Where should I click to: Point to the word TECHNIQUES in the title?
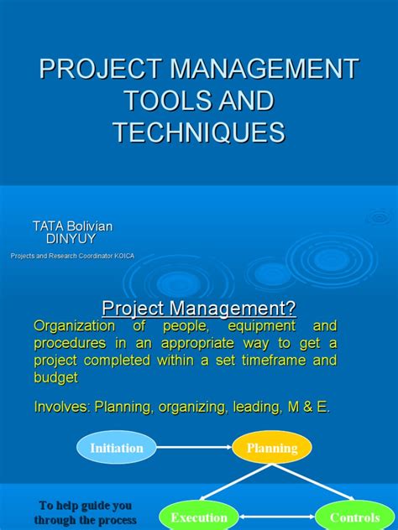click(199, 132)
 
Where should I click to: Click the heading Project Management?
click(199, 308)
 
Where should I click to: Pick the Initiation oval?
click(117, 448)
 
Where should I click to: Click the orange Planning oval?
click(271, 448)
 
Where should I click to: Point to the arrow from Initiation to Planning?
click(194, 448)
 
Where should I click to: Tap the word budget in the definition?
click(55, 377)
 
